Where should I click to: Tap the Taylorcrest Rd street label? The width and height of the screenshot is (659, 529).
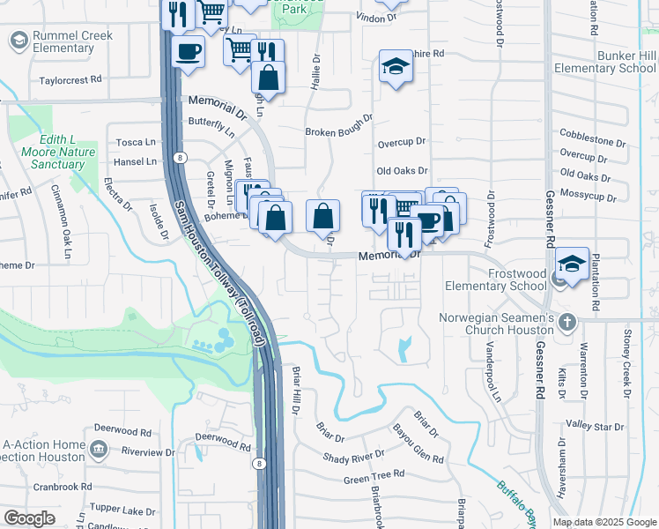coord(70,79)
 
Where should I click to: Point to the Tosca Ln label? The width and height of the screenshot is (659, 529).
coord(137,142)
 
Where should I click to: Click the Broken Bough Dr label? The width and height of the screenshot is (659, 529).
coord(339,132)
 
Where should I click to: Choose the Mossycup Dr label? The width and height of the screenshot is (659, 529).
coord(592,193)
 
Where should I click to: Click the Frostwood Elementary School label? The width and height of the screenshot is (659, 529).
coord(495,279)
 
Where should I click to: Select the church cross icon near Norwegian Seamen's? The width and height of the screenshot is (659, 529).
coord(567,322)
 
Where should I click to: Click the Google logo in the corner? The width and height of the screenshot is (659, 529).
coord(29,518)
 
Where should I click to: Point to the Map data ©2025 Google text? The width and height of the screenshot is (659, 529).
coord(603,522)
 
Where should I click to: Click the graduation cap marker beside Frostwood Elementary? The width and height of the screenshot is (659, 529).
coord(572,263)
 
